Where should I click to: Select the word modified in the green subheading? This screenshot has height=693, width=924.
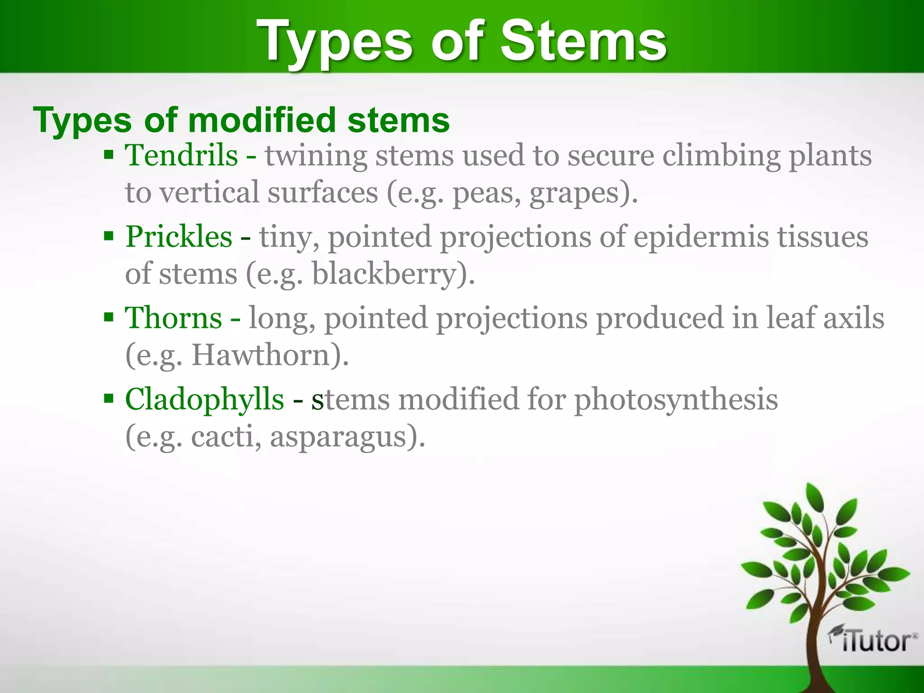coord(262,120)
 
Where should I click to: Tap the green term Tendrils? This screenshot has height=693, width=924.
coord(181,155)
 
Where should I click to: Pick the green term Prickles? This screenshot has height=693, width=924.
coord(179,236)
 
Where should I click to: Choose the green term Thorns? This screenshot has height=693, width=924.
coord(173,318)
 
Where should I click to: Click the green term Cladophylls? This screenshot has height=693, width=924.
coord(204,399)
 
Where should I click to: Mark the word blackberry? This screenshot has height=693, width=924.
coord(383,274)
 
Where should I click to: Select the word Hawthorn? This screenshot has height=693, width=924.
coord(262,356)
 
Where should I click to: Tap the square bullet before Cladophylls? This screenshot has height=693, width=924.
coord(109,399)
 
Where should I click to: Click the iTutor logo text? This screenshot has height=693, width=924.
coord(875,641)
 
